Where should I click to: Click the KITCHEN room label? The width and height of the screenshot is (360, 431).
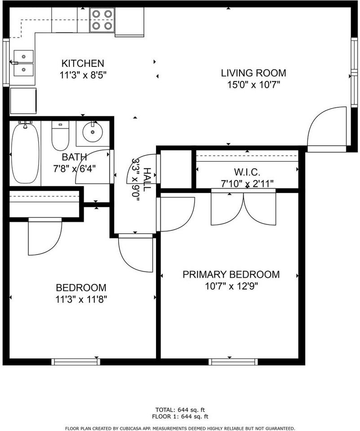[x=83, y=63]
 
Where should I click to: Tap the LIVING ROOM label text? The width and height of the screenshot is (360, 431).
[x=253, y=73]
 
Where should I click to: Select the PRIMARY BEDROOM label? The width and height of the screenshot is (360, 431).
[x=231, y=274]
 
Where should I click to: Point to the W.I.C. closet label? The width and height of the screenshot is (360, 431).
[x=247, y=172]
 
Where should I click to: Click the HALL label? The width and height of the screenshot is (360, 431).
[x=147, y=180]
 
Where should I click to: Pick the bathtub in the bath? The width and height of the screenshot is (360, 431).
[x=25, y=154]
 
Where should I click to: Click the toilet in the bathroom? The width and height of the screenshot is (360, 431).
[x=60, y=136]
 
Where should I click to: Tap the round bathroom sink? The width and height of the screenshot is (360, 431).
[x=93, y=132]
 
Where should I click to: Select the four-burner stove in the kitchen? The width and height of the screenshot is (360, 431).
[x=102, y=20]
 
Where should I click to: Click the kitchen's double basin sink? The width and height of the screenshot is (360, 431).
[x=24, y=63]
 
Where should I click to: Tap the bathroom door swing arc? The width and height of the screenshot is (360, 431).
[x=93, y=166]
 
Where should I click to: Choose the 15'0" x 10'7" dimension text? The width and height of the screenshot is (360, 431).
[x=253, y=85]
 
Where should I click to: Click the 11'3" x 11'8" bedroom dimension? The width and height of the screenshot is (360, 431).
[x=81, y=299]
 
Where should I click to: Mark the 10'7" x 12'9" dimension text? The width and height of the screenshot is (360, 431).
[x=231, y=286]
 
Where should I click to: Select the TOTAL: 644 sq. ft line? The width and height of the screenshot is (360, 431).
[x=180, y=410]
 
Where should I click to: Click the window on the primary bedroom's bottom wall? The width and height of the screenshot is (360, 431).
[x=233, y=362]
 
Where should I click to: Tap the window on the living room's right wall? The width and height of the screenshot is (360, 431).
[x=354, y=72]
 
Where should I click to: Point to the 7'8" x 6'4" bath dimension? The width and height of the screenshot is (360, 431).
[x=74, y=168]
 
